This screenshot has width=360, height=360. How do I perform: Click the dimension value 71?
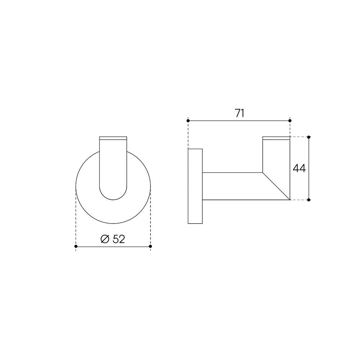pyautogui.click(x=239, y=113)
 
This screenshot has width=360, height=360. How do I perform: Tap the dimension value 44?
pyautogui.click(x=299, y=168)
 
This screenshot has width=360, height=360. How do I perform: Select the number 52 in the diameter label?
pyautogui.click(x=119, y=239)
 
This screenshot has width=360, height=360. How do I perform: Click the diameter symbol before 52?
pyautogui.click(x=105, y=239)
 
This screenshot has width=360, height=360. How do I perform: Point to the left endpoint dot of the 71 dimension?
pyautogui.click(x=188, y=121)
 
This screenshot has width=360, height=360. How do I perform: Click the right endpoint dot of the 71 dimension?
pyautogui.click(x=290, y=121)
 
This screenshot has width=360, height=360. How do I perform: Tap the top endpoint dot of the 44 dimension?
pyautogui.click(x=309, y=137)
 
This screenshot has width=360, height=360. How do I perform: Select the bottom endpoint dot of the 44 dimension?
pyautogui.click(x=309, y=200)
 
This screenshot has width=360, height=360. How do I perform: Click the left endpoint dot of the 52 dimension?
pyautogui.click(x=76, y=246)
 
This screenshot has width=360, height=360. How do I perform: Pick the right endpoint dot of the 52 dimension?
pyautogui.click(x=150, y=246)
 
